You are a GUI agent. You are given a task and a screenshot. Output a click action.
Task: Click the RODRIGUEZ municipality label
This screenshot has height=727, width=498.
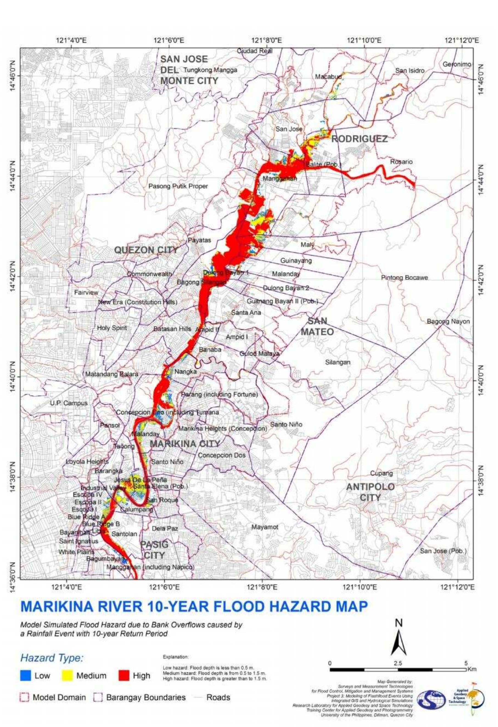[359, 139]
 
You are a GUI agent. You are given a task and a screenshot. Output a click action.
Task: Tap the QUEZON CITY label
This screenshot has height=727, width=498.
[146, 250]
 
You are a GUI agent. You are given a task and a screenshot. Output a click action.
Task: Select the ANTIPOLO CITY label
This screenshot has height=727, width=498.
[370, 492]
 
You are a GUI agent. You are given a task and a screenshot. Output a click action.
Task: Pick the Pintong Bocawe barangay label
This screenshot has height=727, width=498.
[404, 277]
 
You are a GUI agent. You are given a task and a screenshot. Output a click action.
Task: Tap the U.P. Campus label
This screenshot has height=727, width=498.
[69, 403]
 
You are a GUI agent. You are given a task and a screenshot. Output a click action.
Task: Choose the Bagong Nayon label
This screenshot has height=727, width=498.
[448, 322]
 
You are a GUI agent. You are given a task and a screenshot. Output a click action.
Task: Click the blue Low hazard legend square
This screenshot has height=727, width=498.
[26, 676]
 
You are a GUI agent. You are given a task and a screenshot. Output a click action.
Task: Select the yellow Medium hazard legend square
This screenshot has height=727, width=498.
[67, 676]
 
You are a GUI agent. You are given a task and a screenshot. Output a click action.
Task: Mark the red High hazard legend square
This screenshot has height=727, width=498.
[123, 676]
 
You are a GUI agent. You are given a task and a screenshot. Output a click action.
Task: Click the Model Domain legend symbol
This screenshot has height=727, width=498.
[24, 697]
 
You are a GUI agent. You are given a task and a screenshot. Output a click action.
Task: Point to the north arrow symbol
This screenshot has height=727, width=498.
[398, 641]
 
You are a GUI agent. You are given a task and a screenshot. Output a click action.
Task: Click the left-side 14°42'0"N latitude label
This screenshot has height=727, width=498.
[13, 277]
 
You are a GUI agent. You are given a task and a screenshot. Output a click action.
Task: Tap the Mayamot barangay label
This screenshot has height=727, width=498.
[265, 527]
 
